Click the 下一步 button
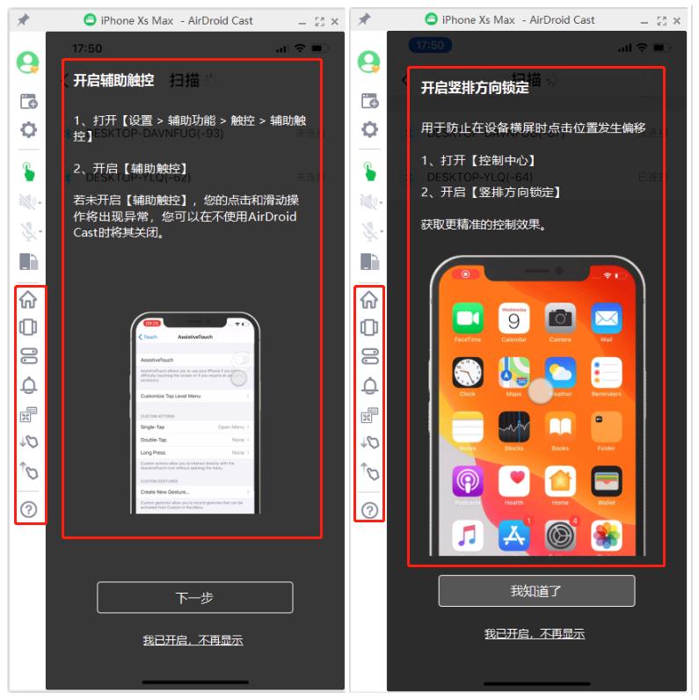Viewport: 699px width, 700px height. click(x=194, y=598)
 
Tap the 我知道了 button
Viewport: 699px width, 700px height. click(x=536, y=591)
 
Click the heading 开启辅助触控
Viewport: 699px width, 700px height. click(x=113, y=80)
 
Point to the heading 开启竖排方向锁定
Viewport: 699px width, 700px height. click(x=475, y=87)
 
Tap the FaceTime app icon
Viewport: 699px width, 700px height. click(x=468, y=318)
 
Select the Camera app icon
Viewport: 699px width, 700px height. click(x=560, y=318)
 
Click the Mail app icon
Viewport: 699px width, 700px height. click(x=607, y=318)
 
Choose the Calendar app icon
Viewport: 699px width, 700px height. click(x=514, y=318)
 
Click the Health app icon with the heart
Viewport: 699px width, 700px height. click(x=514, y=482)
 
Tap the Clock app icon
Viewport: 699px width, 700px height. click(x=468, y=373)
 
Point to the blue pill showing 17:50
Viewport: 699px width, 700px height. click(x=430, y=45)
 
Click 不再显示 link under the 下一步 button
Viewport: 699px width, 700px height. click(x=193, y=640)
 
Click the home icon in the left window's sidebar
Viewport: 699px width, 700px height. click(x=29, y=299)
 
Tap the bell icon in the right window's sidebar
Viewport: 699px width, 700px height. click(x=370, y=385)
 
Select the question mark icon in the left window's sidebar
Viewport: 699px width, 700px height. click(x=29, y=509)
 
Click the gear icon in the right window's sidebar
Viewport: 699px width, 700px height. click(x=370, y=130)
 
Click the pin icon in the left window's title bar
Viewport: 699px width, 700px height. click(x=23, y=19)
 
